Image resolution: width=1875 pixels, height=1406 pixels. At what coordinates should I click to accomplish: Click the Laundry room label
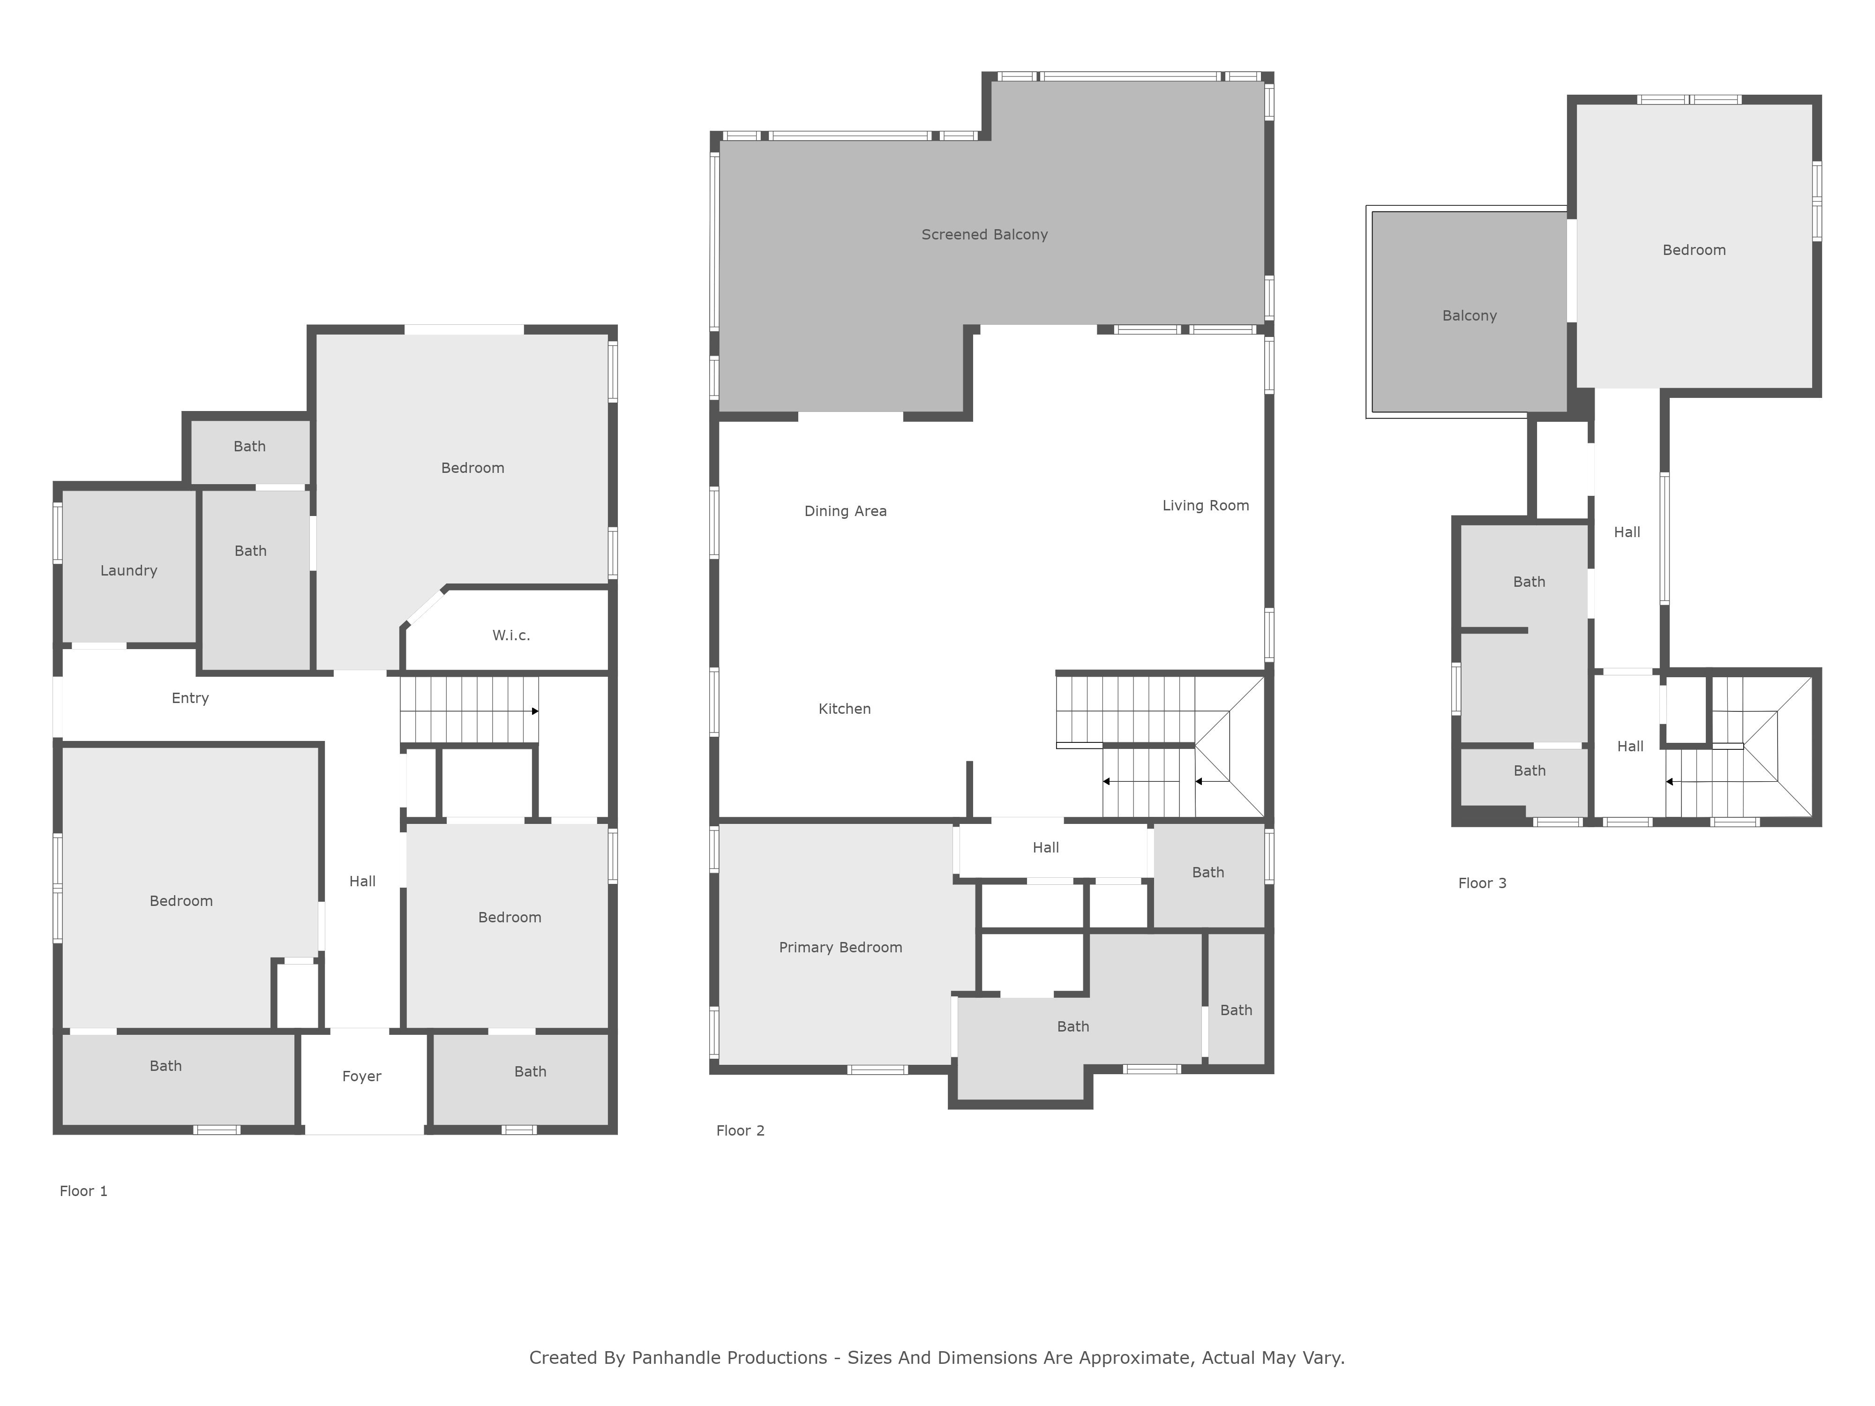coord(129,570)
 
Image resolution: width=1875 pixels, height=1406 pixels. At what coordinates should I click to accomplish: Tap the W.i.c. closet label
coord(511,635)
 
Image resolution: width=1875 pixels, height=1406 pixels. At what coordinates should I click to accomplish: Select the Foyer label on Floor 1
coord(362,1077)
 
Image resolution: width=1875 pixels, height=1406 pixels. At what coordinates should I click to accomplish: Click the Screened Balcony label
coord(985,235)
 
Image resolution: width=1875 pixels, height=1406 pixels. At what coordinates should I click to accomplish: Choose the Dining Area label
coord(845,511)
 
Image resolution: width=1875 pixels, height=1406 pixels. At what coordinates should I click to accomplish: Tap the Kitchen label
coord(844,709)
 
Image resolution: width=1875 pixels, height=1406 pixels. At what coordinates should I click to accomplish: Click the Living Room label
coord(1205,506)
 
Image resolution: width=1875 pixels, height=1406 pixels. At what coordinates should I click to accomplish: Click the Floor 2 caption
coord(740,1130)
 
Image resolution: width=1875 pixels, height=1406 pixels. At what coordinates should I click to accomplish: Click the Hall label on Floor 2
coord(1046,847)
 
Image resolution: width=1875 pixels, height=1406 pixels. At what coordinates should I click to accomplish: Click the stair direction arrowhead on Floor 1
coord(535,711)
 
